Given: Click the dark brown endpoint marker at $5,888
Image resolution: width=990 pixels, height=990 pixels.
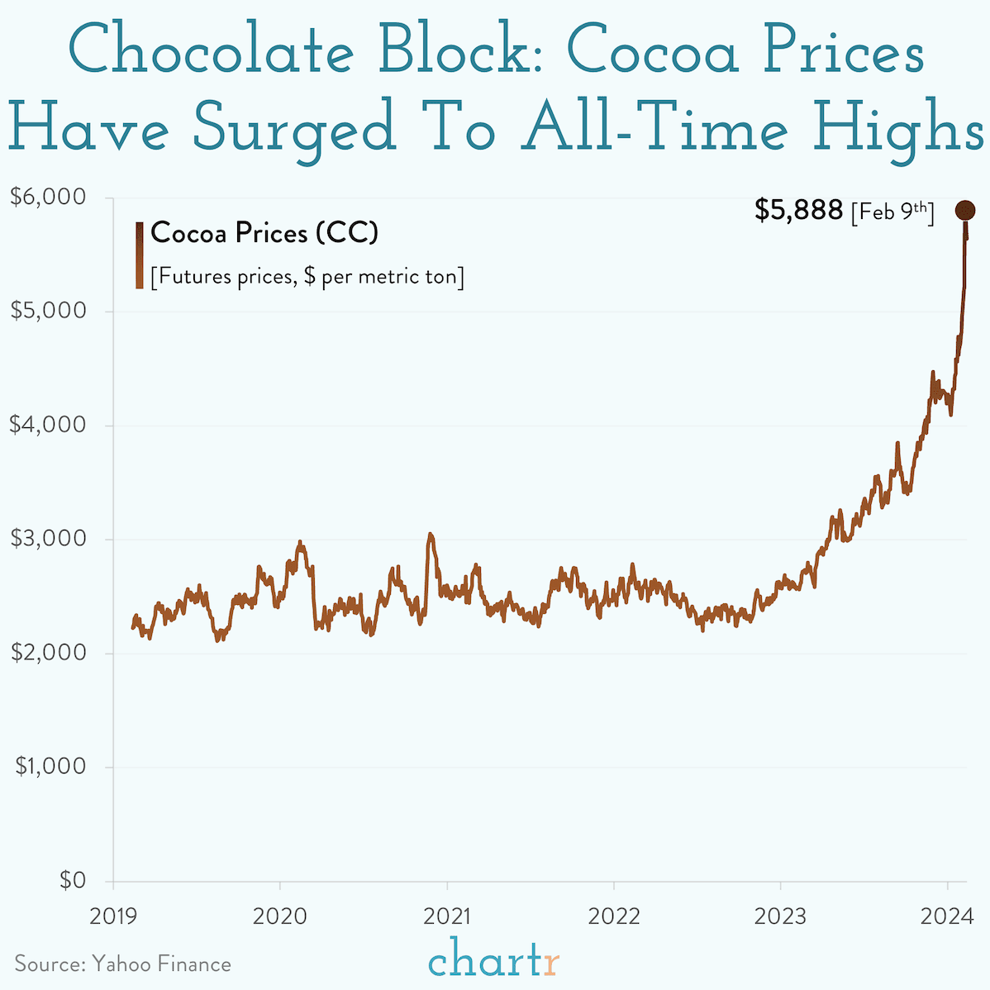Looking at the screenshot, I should pos(965,211).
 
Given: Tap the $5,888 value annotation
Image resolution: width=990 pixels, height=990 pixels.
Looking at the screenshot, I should pos(798,211).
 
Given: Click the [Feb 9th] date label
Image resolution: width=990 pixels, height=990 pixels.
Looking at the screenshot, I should pos(892,212).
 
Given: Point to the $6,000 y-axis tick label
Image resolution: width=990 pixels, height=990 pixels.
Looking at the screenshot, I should pos(48,198).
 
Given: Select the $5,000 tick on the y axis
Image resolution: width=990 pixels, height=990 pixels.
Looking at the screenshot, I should pos(48,312).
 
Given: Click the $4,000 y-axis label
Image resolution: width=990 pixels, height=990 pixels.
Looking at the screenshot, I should pos(48,426).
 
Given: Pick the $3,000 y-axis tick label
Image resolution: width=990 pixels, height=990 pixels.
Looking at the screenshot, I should pos(48,539).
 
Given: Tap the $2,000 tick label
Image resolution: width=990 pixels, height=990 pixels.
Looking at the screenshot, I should pos(48,653).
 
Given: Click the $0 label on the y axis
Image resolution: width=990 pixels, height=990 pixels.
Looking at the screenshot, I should pos(72,881).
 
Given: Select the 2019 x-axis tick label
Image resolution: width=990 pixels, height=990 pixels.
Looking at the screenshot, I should pos(112,916).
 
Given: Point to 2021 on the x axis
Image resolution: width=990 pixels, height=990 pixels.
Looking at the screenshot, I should pos(447,916).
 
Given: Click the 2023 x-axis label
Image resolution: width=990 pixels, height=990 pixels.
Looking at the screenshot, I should pos(780,916).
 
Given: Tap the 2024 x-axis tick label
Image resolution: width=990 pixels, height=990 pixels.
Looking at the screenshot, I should pos(947,916).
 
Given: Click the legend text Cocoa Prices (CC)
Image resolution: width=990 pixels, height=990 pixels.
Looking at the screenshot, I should pos(264,233).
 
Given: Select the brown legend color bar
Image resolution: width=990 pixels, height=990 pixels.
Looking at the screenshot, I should pos(140,255).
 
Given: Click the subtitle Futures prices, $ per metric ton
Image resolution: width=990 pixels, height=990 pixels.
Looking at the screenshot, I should pos(307,277).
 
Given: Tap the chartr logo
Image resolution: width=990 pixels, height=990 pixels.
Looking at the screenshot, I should pos(494,961).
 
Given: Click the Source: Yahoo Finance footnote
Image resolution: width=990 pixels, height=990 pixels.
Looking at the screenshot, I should pos(122,964).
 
